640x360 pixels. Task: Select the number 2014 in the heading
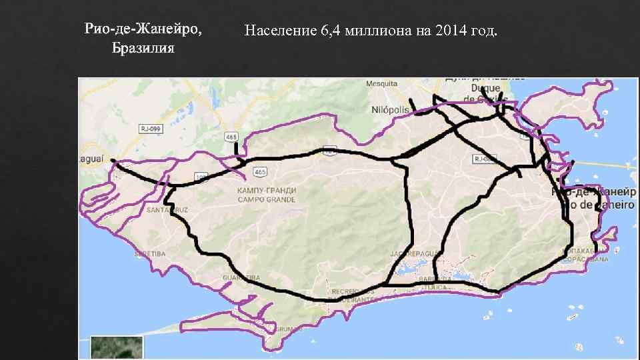449,31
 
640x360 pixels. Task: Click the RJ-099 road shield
149,127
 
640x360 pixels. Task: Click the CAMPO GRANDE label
267,199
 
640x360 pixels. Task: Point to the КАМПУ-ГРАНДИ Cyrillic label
267,191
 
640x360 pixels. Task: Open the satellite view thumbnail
117,347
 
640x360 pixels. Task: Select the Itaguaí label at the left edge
91,159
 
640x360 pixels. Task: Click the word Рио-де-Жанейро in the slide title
143,30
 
